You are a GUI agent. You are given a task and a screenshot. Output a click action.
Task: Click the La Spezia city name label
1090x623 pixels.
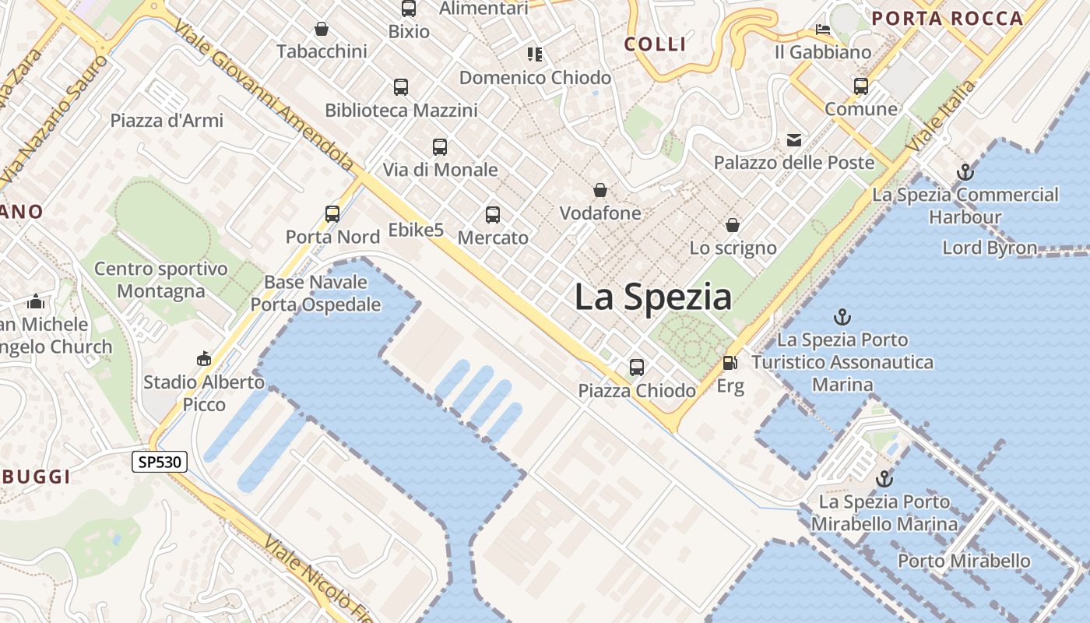click(x=653, y=297)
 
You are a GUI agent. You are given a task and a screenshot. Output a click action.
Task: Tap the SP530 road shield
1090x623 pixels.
click(x=159, y=462)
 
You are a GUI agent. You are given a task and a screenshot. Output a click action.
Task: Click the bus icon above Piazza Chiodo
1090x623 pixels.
click(x=637, y=368)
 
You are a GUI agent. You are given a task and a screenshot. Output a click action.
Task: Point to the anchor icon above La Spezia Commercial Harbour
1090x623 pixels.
click(x=965, y=172)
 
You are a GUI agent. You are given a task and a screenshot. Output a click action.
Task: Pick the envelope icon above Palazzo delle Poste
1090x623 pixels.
click(x=794, y=140)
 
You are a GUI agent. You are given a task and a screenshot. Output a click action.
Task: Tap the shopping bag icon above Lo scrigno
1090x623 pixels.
click(x=733, y=225)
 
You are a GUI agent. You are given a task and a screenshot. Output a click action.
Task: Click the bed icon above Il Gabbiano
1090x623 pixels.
click(x=823, y=30)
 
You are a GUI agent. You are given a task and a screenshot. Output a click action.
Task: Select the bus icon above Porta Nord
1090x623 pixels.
click(x=332, y=213)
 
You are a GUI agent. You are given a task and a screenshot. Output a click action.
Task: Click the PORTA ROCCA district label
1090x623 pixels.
click(x=947, y=19)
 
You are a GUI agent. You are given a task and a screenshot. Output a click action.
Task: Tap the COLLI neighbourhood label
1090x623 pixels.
click(x=656, y=44)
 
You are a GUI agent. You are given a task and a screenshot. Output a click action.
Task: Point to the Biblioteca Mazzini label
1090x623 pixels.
click(x=401, y=111)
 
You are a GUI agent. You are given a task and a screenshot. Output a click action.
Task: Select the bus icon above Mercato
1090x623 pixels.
click(x=493, y=215)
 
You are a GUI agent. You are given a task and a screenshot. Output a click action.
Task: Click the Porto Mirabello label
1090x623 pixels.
click(x=964, y=561)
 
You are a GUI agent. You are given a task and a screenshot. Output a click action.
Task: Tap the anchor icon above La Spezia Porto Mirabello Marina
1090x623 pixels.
click(x=884, y=478)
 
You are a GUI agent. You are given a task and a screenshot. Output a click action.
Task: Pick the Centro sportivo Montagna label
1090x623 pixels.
click(x=161, y=280)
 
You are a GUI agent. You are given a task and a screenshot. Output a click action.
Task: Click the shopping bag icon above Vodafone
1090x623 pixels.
click(x=600, y=190)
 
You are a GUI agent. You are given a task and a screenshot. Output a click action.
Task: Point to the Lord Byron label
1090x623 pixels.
click(x=990, y=248)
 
